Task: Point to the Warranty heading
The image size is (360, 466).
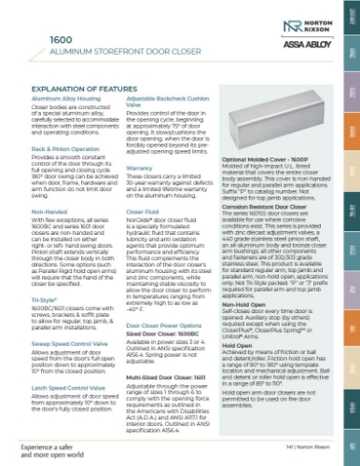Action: click(x=140, y=169)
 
